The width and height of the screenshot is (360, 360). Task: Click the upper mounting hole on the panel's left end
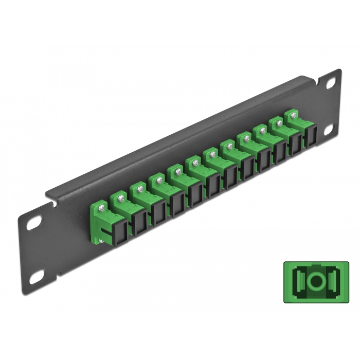[32, 225]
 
